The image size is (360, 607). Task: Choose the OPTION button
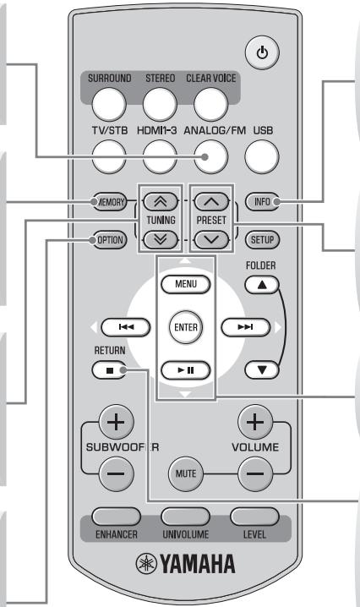coord(110,239)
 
